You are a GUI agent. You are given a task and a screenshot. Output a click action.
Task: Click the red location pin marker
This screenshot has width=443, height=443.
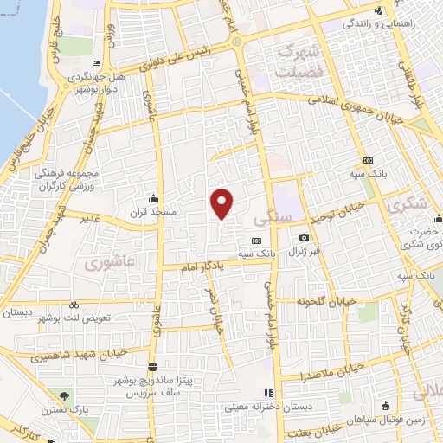[222, 202]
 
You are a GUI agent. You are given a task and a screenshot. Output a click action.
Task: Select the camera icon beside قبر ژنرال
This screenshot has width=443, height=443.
[304, 238]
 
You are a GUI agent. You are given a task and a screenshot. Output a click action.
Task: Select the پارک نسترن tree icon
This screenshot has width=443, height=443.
[64, 396]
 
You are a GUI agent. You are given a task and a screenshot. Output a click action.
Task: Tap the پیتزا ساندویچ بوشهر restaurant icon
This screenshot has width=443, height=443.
[152, 367]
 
